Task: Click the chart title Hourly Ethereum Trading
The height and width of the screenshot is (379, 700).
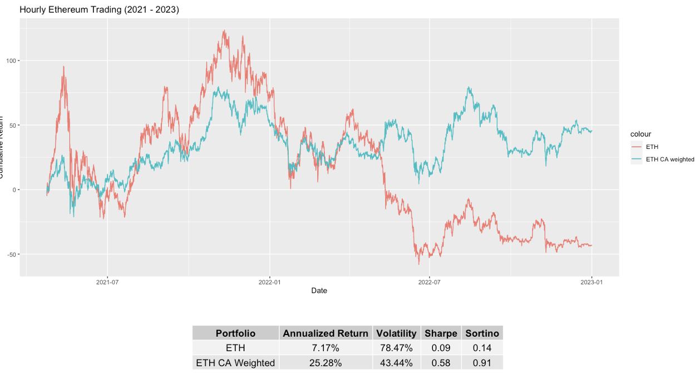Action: (99, 9)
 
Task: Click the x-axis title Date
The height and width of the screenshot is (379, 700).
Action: (319, 291)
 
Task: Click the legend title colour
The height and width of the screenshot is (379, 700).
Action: (640, 134)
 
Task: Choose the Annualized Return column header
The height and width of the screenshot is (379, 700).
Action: (326, 333)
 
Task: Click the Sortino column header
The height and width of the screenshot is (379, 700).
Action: (482, 333)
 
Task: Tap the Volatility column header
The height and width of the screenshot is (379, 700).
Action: (396, 333)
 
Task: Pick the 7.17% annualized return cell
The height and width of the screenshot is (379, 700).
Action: (326, 348)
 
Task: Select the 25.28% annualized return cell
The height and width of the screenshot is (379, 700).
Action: (326, 363)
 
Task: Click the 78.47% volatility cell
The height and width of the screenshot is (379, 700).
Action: (396, 348)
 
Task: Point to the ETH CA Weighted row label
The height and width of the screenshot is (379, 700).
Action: (235, 363)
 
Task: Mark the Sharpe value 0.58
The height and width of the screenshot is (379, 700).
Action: (441, 363)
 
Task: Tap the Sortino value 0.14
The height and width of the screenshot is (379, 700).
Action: (482, 348)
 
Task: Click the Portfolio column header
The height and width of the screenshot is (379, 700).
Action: (235, 333)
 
